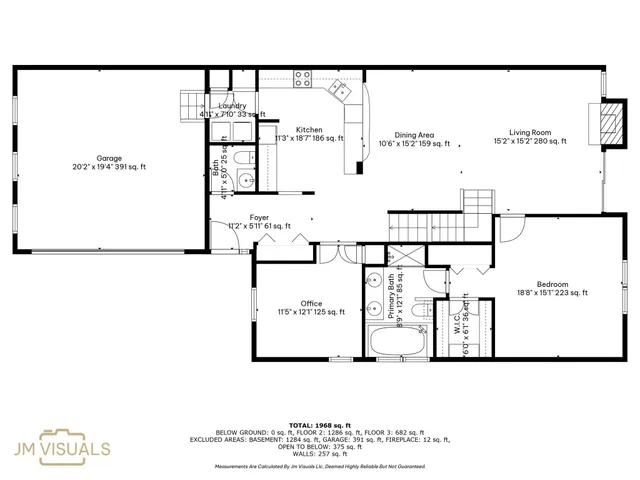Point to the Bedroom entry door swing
point(510,230)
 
